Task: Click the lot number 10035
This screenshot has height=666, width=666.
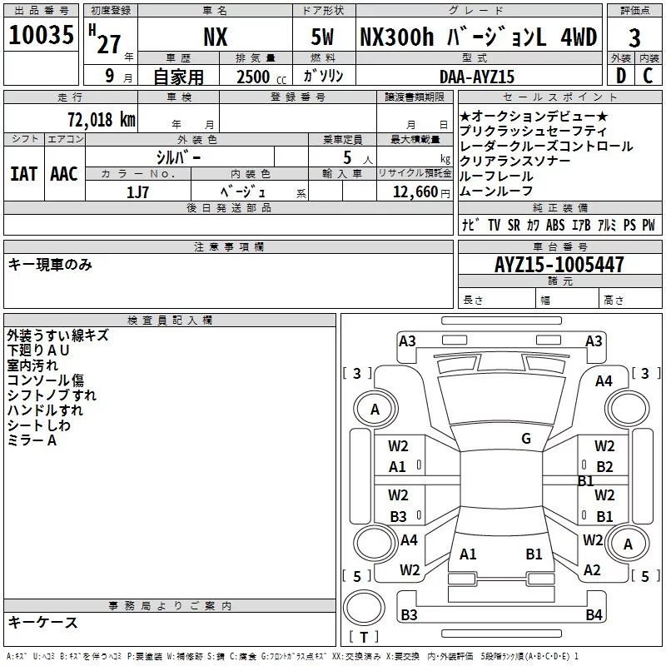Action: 41,35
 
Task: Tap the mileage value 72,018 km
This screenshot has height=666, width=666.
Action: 102,120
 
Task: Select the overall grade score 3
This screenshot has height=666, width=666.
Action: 634,37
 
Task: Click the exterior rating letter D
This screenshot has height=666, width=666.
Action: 621,76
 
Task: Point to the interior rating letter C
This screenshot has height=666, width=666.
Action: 648,76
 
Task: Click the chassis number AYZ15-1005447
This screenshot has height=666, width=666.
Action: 559,265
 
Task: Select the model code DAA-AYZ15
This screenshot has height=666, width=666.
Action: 476,77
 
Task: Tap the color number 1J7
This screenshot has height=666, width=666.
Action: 137,192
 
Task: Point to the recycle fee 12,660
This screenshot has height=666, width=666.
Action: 415,192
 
